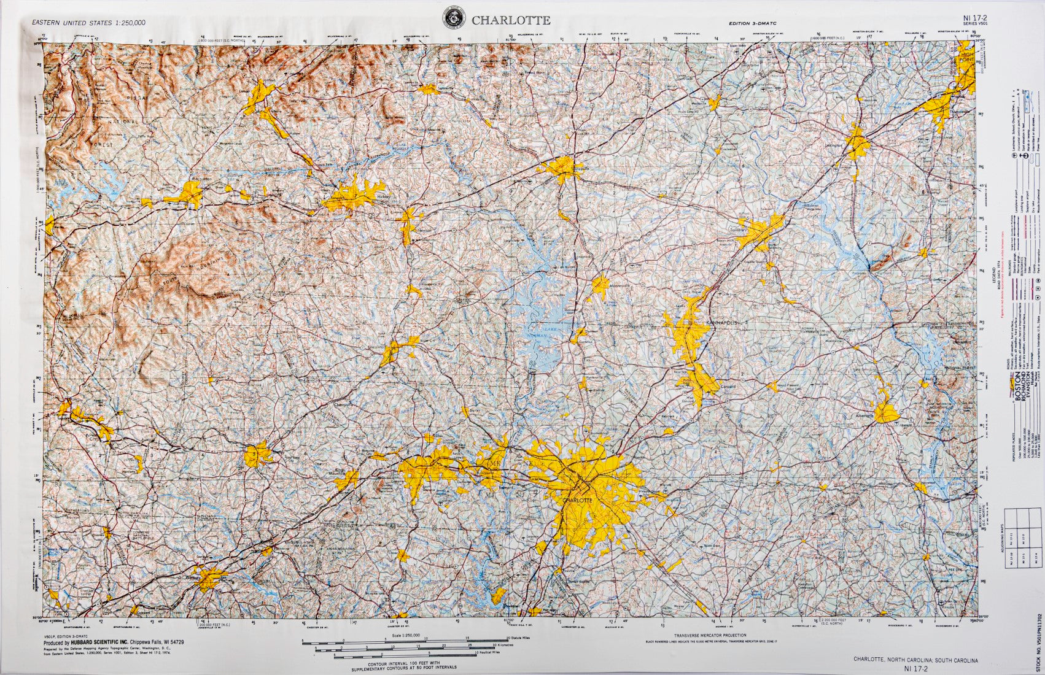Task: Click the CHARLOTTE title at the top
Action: pyautogui.click(x=510, y=20)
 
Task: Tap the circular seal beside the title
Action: pyautogui.click(x=454, y=19)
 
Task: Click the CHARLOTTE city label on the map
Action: pyautogui.click(x=578, y=500)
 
